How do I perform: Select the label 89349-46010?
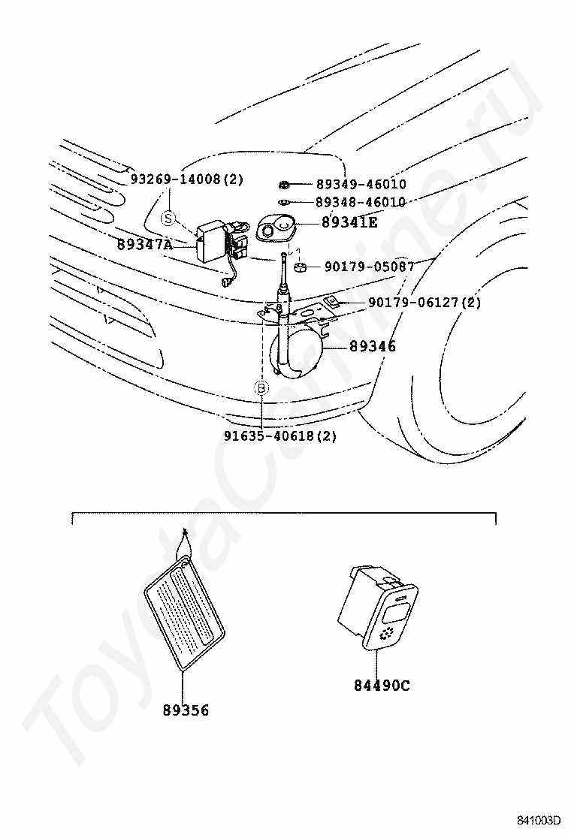[x=361, y=184]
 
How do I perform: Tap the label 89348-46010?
[x=361, y=202]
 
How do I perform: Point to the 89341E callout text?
[x=349, y=222]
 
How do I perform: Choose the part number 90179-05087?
[x=370, y=267]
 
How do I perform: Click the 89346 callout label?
[x=372, y=346]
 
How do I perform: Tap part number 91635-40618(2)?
[x=279, y=435]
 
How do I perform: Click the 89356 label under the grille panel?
[x=186, y=710]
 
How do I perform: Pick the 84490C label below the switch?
[x=382, y=685]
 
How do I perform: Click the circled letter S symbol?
[x=168, y=218]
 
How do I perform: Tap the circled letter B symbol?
[x=261, y=388]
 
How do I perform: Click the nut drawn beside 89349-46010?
[x=283, y=184]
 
